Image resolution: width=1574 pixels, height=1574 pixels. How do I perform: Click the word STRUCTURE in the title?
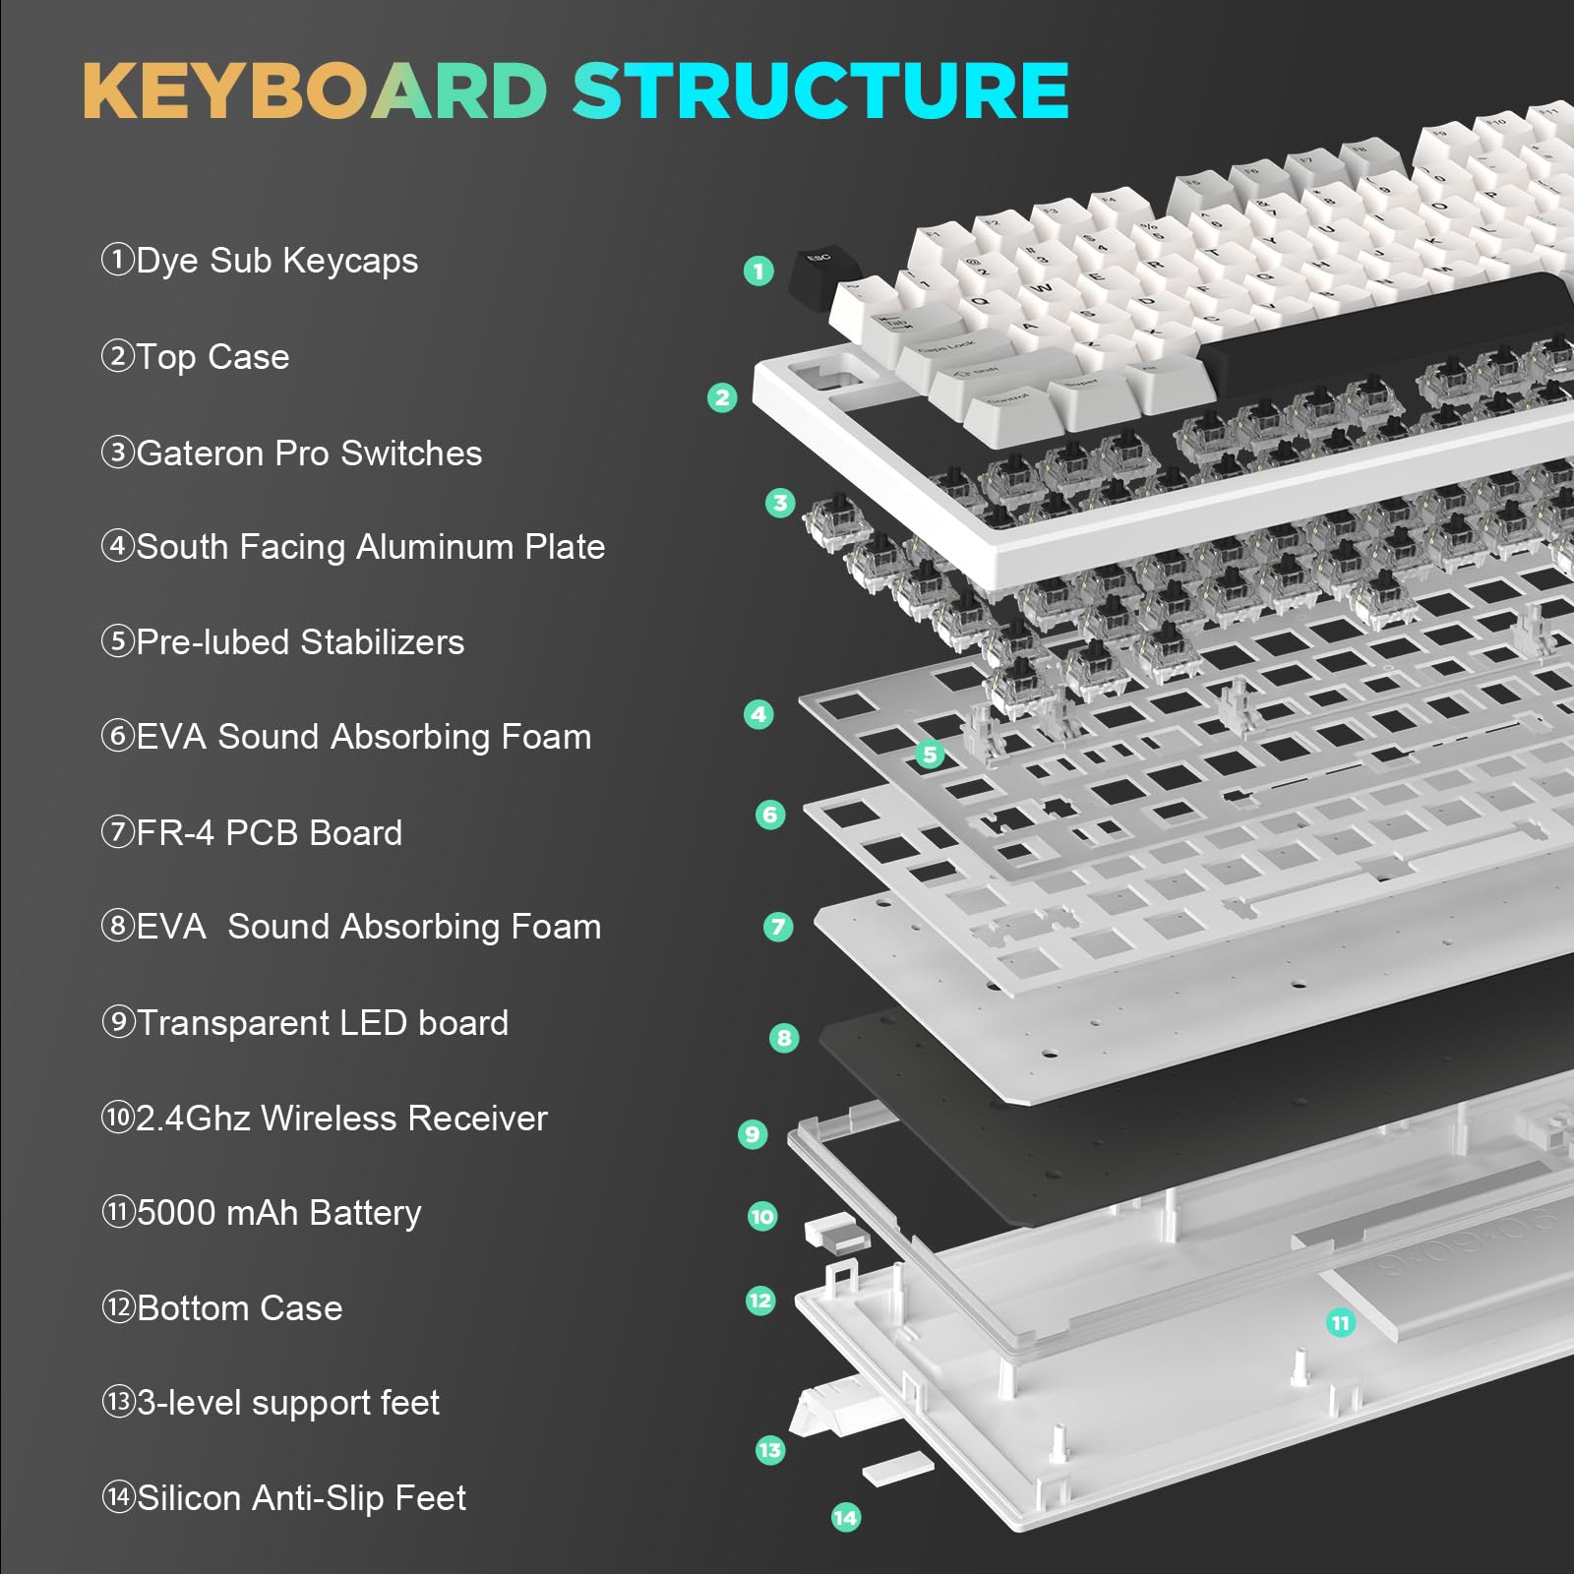(x=821, y=91)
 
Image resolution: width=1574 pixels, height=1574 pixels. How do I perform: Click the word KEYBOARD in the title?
(x=315, y=91)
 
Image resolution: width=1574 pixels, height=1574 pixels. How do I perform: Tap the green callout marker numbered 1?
(x=758, y=271)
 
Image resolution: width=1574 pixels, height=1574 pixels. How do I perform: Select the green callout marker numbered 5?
(x=929, y=755)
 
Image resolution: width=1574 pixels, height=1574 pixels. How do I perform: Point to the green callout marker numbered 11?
(x=1340, y=1323)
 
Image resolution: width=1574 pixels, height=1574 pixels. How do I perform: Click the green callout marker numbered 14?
(x=845, y=1517)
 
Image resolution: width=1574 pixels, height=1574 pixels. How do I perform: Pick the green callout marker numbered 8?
(x=784, y=1038)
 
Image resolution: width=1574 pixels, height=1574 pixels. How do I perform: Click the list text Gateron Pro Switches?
(x=308, y=454)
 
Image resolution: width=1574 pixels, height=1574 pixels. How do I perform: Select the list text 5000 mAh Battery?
(x=278, y=1213)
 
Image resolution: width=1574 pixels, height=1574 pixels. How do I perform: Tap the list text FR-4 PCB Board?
(x=269, y=833)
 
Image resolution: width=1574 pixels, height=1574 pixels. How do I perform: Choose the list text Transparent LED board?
(x=322, y=1023)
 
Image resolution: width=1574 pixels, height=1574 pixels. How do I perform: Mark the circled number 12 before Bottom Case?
(x=118, y=1307)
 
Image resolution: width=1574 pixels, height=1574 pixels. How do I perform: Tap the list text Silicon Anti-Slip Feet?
(x=301, y=1498)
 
